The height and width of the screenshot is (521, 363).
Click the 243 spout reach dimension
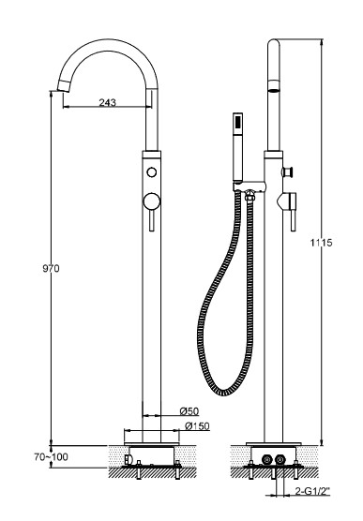(108, 102)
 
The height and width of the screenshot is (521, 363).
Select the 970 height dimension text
(51, 268)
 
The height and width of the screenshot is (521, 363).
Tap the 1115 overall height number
(321, 243)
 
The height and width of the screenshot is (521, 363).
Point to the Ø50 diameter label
(189, 411)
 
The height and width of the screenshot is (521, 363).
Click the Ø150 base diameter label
(197, 426)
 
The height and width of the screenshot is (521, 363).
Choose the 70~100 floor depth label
(51, 457)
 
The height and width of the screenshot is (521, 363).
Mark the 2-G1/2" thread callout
(312, 491)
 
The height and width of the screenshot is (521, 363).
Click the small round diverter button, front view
(152, 172)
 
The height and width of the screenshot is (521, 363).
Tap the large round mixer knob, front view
(152, 201)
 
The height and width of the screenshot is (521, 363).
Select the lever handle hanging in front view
(152, 220)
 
